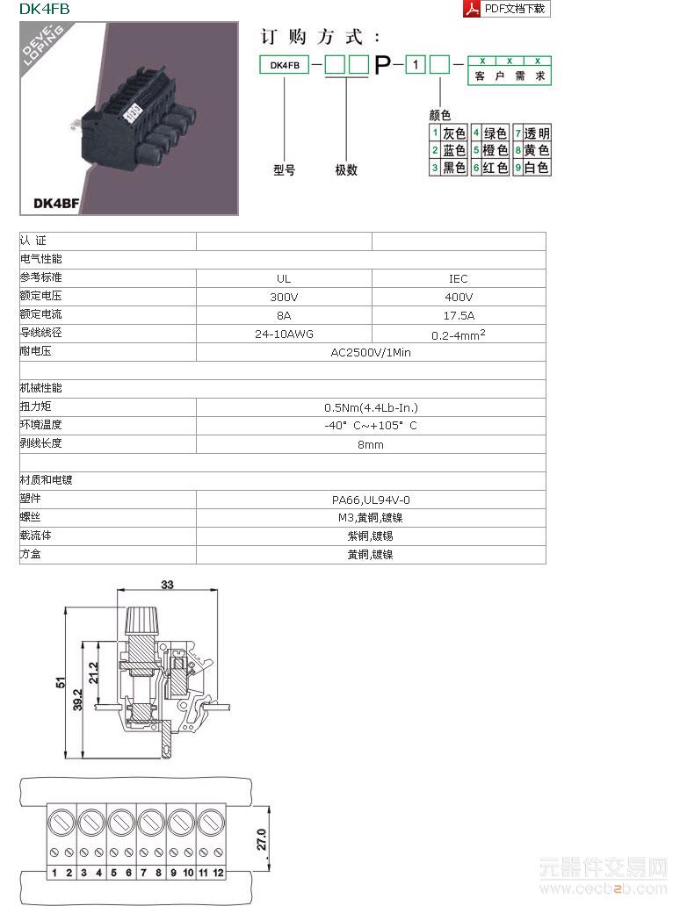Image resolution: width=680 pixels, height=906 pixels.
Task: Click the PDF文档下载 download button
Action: click(506, 9)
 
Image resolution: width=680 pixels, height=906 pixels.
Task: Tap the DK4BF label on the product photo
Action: click(56, 203)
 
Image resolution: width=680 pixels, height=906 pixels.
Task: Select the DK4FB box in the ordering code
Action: click(284, 65)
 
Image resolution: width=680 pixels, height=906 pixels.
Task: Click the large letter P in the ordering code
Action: click(383, 65)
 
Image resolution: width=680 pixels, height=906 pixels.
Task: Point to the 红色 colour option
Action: click(496, 167)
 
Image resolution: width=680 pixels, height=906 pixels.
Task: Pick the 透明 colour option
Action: click(537, 133)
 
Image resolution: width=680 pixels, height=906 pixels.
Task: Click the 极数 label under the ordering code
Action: click(346, 170)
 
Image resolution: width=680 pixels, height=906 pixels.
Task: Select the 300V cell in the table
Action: click(284, 297)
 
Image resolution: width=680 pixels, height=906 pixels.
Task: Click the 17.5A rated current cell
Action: click(459, 315)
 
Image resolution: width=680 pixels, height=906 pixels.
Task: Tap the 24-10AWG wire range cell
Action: click(284, 334)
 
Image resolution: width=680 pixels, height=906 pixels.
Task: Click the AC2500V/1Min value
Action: click(370, 353)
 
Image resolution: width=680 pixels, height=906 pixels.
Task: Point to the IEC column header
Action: click(459, 278)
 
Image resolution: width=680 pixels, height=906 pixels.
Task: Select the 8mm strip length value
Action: click(370, 445)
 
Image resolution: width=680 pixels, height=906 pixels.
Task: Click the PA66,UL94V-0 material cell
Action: click(370, 500)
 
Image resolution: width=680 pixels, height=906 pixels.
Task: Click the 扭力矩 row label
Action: click(35, 406)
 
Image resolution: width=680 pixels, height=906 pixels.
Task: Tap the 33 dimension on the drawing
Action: click(167, 584)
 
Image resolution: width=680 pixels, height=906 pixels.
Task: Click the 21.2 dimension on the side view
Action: click(94, 672)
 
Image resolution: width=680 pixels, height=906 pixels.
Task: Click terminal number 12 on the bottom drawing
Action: click(218, 873)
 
